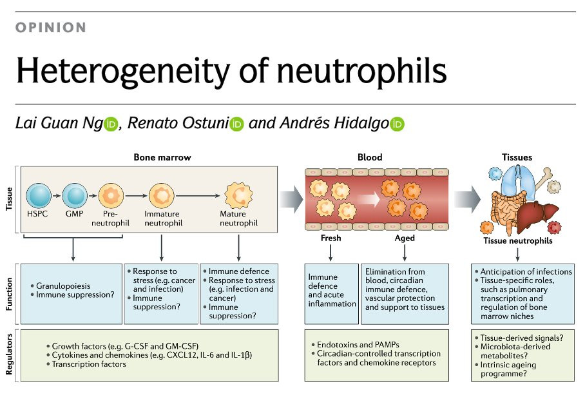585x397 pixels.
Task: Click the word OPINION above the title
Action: tap(50, 28)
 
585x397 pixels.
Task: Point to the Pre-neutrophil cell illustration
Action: tap(111, 195)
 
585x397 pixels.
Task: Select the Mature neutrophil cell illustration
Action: tap(238, 195)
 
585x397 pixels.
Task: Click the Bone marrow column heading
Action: tap(162, 157)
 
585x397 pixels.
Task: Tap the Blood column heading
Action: tap(370, 157)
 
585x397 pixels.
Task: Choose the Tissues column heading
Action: tap(517, 157)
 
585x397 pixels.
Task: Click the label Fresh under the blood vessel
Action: tap(331, 238)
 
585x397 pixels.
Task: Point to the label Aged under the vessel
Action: tap(405, 238)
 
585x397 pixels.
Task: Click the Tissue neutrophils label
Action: tap(517, 241)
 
